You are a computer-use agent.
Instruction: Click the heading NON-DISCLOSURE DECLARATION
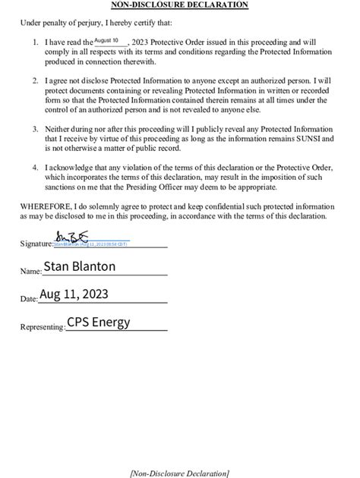[x=179, y=5]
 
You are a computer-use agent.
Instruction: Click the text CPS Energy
[x=98, y=322]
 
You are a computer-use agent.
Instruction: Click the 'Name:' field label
[x=30, y=271]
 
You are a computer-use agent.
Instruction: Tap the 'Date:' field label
[x=29, y=299]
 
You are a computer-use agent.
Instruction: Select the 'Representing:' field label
[x=43, y=326]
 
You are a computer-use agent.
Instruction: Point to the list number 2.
[x=36, y=79]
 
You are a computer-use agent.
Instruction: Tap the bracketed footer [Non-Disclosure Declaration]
[x=179, y=473]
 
